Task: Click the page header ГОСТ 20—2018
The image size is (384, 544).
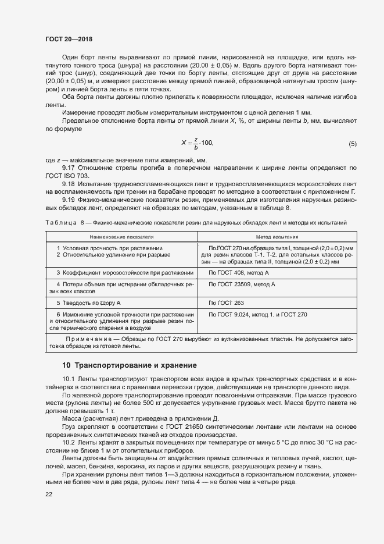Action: pyautogui.click(x=69, y=39)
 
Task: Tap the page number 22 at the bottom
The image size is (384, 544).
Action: pyautogui.click(x=49, y=494)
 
